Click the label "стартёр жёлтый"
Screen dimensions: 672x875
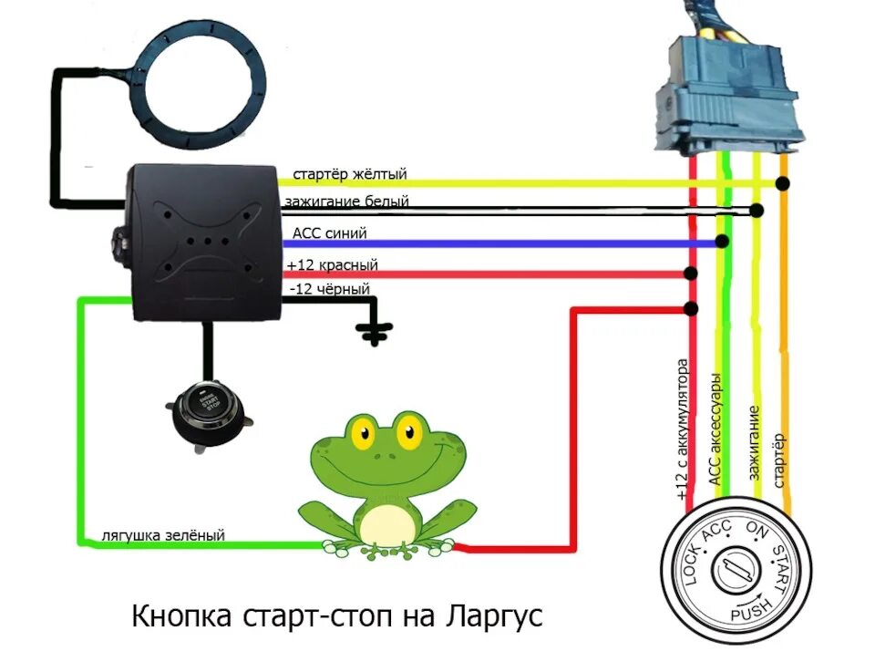(349, 173)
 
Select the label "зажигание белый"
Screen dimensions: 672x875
(346, 202)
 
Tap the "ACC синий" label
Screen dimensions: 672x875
(329, 233)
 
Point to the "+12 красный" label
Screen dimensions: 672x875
(332, 265)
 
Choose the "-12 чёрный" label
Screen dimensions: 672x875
(328, 289)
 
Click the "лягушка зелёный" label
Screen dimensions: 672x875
(163, 536)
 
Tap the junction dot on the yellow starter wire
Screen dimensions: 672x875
(782, 184)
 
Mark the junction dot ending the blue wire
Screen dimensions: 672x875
(722, 242)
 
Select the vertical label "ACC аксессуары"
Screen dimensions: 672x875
(716, 429)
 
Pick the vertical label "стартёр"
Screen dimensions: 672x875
(780, 461)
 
